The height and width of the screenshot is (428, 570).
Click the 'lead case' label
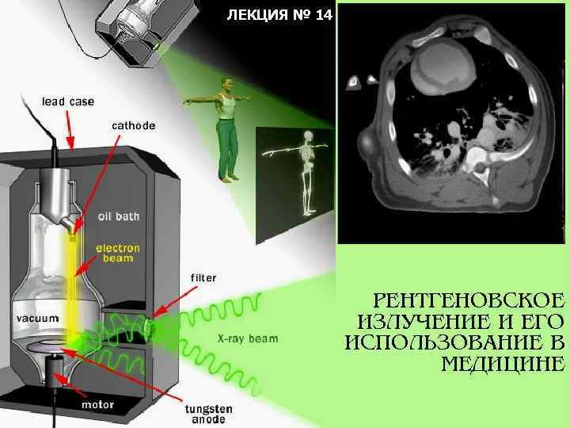tap(67, 101)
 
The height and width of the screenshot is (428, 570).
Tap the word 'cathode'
tap(133, 125)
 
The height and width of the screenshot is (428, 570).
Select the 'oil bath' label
tap(118, 216)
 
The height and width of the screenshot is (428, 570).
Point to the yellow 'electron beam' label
tap(118, 253)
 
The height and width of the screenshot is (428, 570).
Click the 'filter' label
tap(203, 277)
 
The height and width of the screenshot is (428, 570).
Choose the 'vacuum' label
tap(38, 318)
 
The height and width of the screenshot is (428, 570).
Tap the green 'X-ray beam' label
tap(248, 338)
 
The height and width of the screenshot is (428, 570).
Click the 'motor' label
tap(98, 404)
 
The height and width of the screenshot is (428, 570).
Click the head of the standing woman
tap(228, 83)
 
